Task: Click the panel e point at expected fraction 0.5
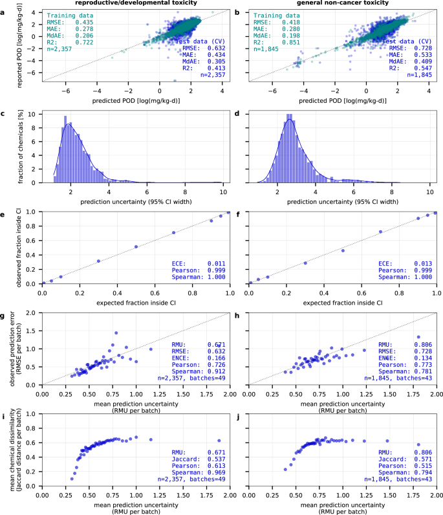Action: click(x=136, y=247)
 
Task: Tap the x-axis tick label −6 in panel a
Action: click(x=66, y=91)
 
